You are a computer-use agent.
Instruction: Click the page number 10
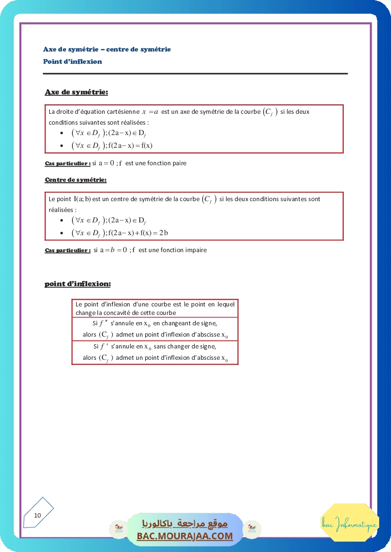click(x=37, y=515)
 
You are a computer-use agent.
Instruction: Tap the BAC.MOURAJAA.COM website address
click(x=185, y=536)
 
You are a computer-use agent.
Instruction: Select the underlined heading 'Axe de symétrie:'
click(x=76, y=92)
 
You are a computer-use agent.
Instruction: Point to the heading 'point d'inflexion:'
click(x=78, y=284)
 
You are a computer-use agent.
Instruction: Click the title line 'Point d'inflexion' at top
click(x=72, y=61)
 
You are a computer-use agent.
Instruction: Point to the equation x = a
click(x=150, y=112)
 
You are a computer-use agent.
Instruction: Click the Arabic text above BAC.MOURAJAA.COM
click(x=185, y=524)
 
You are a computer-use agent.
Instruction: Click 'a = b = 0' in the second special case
click(x=113, y=250)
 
